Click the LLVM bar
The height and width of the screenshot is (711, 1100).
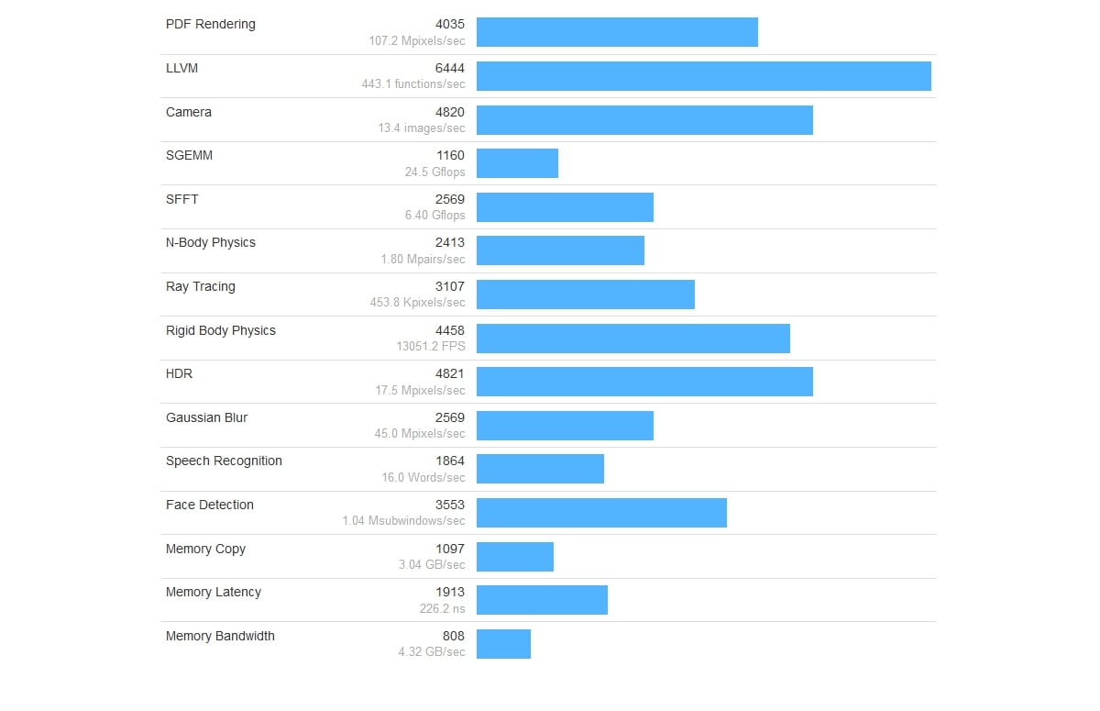(704, 76)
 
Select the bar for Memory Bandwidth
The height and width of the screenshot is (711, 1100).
(503, 644)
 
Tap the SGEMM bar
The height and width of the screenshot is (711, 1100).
(517, 163)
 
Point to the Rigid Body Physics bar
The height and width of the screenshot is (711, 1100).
(633, 339)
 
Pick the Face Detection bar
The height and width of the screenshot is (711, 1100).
(601, 513)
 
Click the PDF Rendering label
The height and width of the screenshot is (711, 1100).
(211, 24)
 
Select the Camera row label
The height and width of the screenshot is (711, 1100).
(189, 112)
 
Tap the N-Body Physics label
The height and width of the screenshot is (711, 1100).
(211, 242)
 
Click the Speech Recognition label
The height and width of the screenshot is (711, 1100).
(224, 461)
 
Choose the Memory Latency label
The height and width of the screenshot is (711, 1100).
(214, 592)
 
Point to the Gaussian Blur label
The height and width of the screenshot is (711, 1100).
(207, 417)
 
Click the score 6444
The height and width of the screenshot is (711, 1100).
(450, 68)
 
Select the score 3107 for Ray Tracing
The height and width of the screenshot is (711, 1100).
(450, 286)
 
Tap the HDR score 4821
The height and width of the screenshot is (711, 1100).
(450, 373)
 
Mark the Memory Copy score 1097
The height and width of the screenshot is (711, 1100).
(450, 549)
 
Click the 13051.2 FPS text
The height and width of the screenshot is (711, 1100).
(431, 346)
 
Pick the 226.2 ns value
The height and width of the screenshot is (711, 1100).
(443, 607)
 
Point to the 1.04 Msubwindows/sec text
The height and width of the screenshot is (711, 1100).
(404, 520)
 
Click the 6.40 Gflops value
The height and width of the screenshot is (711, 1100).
(435, 215)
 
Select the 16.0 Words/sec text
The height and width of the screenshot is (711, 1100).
(423, 477)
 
